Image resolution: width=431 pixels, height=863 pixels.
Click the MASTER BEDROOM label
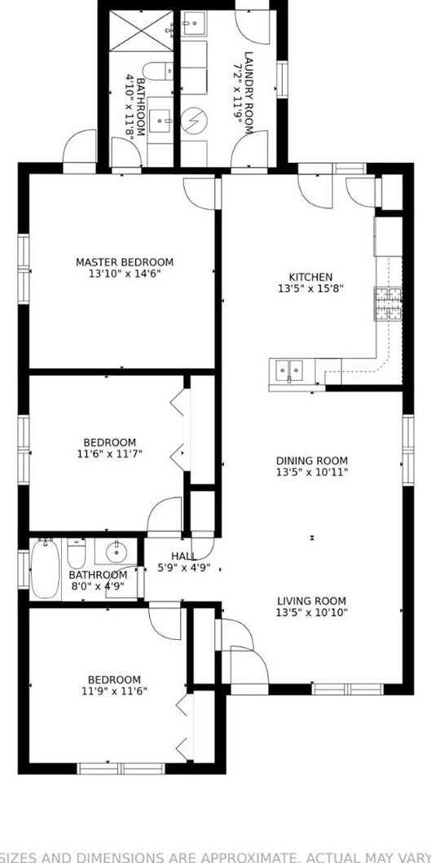tap(124, 262)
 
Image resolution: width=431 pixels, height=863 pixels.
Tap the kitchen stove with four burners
tap(388, 303)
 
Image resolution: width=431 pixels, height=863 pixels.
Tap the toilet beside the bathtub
tap(77, 554)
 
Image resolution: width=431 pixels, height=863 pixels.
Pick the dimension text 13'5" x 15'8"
tap(310, 289)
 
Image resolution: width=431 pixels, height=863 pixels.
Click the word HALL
tap(183, 556)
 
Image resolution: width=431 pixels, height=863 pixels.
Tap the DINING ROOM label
tap(311, 461)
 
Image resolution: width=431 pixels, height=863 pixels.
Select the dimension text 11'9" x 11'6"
tap(114, 692)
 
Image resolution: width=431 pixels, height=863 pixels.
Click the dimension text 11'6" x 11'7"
tap(110, 454)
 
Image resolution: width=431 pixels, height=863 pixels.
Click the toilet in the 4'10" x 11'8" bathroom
tap(158, 71)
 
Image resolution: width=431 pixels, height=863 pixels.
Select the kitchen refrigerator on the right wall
tap(389, 236)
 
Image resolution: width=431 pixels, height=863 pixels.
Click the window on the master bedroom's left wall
tap(24, 265)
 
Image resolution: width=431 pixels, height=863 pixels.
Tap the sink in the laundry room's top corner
tap(194, 24)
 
